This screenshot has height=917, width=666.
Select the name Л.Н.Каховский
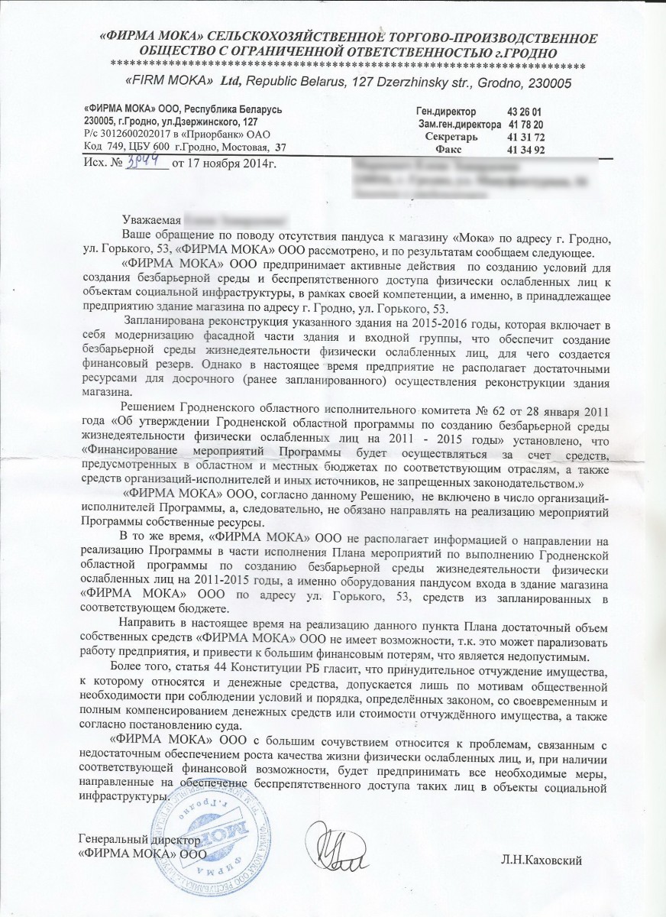tap(545, 861)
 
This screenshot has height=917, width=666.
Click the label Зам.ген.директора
tap(459, 124)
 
